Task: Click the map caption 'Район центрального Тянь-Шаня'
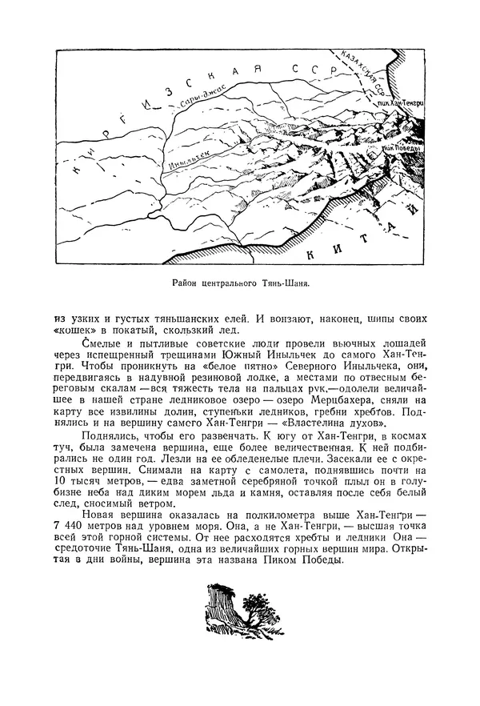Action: tap(240, 283)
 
